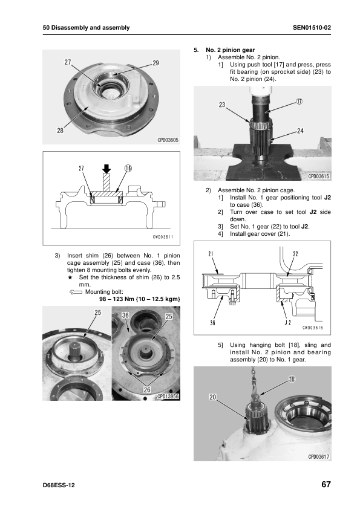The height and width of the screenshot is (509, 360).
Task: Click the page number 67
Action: (x=326, y=484)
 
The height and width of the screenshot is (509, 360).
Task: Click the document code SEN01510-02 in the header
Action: (x=312, y=28)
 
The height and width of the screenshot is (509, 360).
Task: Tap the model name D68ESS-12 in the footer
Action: (x=59, y=485)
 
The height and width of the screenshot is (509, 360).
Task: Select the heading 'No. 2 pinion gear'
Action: (x=230, y=50)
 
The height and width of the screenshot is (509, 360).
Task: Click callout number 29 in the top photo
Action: (x=155, y=63)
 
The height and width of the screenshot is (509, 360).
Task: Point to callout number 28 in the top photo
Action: (x=60, y=131)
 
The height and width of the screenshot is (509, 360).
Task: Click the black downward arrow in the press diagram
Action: (x=106, y=169)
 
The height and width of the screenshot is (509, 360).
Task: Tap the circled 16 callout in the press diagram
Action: (x=128, y=168)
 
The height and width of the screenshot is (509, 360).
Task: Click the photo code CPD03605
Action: (x=168, y=140)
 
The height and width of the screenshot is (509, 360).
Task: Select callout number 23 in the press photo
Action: (x=222, y=105)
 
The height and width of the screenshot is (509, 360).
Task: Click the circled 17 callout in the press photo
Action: (x=299, y=102)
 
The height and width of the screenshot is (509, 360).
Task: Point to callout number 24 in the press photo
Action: (x=300, y=131)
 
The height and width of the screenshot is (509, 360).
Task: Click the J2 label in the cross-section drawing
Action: (x=288, y=322)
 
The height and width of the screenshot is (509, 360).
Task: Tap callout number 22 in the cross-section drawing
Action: (x=295, y=254)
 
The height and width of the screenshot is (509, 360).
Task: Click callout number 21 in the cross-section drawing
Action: (x=211, y=254)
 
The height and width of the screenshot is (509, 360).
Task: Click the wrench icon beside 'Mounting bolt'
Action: (x=76, y=292)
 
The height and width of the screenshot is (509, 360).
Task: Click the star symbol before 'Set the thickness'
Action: (x=70, y=277)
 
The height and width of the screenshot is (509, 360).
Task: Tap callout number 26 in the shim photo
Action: (x=147, y=389)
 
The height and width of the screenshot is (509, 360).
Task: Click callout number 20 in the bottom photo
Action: (x=212, y=397)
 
